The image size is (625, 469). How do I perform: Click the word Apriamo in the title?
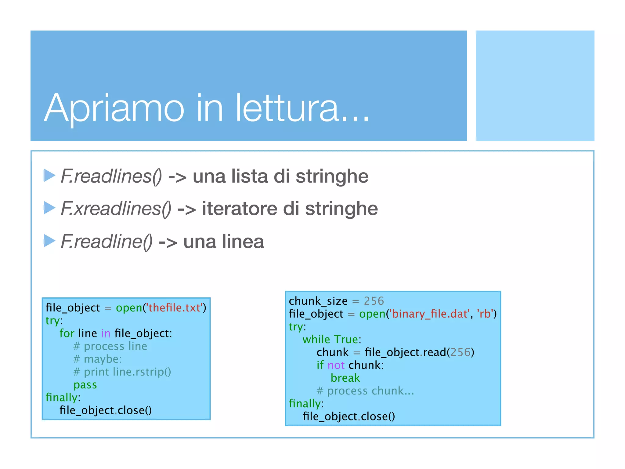click(114, 108)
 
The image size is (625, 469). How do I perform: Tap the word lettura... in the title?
click(302, 108)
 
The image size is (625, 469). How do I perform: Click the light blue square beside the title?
click(535, 86)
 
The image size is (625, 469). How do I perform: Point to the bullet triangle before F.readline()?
click(49, 241)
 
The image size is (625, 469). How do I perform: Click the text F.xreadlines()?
click(116, 209)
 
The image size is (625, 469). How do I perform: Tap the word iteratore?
click(240, 209)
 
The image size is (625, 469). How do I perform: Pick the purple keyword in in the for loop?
click(106, 333)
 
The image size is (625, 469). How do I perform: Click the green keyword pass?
click(85, 385)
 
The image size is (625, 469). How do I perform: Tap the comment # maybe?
click(98, 359)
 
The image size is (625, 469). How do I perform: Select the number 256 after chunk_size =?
click(374, 301)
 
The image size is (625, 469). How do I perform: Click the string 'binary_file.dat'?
click(429, 314)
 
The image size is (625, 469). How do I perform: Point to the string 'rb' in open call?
click(485, 314)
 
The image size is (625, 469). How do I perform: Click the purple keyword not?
click(336, 365)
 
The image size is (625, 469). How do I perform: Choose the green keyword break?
click(345, 378)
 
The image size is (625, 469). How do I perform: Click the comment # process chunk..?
click(365, 391)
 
